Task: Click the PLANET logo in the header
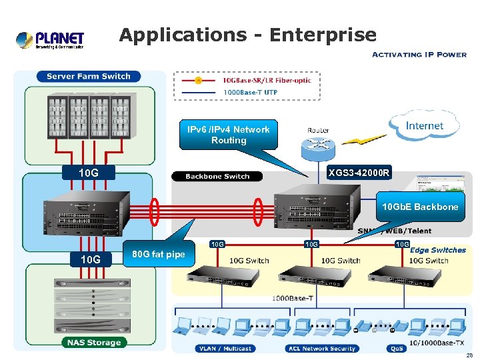pyautogui.click(x=51, y=39)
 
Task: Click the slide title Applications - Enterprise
pyautogui.click(x=247, y=35)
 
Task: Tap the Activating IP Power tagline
pyautogui.click(x=419, y=54)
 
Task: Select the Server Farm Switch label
pyautogui.click(x=89, y=77)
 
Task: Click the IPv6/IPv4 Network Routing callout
pyautogui.click(x=229, y=135)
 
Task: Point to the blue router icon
pyautogui.click(x=317, y=145)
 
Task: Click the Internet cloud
pyautogui.click(x=424, y=125)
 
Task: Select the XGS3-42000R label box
pyautogui.click(x=359, y=173)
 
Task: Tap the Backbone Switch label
pyautogui.click(x=217, y=177)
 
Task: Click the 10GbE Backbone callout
pyautogui.click(x=420, y=207)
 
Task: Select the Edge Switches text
pyautogui.click(x=438, y=251)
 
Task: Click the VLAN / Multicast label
pyautogui.click(x=226, y=349)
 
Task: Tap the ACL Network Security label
pyautogui.click(x=321, y=349)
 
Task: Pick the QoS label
pyautogui.click(x=395, y=349)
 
